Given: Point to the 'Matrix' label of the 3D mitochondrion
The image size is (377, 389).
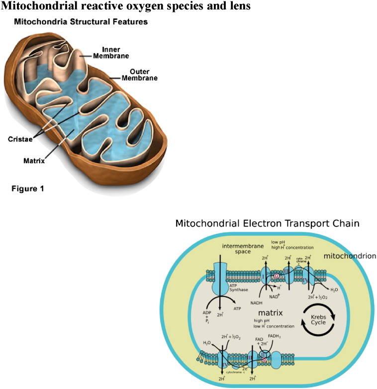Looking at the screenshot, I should pos(34,161).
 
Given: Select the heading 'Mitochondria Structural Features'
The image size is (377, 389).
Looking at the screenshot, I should pos(81,22).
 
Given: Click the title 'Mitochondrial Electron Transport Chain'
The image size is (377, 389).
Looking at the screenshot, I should pos(267,223).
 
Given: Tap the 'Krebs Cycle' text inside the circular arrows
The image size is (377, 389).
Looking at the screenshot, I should pos(317,319).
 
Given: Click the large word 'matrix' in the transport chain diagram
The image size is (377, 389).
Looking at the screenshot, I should pos(271,313).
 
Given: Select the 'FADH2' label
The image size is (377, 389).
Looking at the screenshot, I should pos(275,343).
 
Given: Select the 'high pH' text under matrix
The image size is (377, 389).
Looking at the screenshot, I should pos(269,321).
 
